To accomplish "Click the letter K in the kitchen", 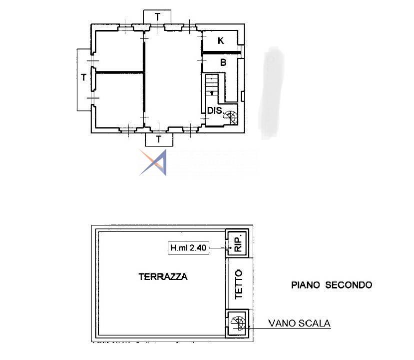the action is [221, 40].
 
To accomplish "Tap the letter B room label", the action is [223, 62].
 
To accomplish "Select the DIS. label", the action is [215, 110].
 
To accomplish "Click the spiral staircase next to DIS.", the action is [231, 117].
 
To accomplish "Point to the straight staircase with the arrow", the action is [212, 84].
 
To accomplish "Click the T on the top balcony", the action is [157, 16].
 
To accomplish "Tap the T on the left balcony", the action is [84, 77].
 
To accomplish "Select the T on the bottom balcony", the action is [159, 139].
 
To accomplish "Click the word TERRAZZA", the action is [163, 276].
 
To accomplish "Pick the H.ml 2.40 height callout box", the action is [188, 248].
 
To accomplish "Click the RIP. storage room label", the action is [238, 243].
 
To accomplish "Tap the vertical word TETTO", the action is [239, 284].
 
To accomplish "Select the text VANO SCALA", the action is [300, 323].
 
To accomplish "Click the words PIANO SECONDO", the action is [332, 285].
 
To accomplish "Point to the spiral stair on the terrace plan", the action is [238, 323].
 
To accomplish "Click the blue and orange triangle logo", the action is [153, 162].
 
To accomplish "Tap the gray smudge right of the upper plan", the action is [271, 93].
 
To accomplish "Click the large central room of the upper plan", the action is [173, 79].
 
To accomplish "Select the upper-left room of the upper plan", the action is [119, 51].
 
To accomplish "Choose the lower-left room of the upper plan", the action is [119, 100].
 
